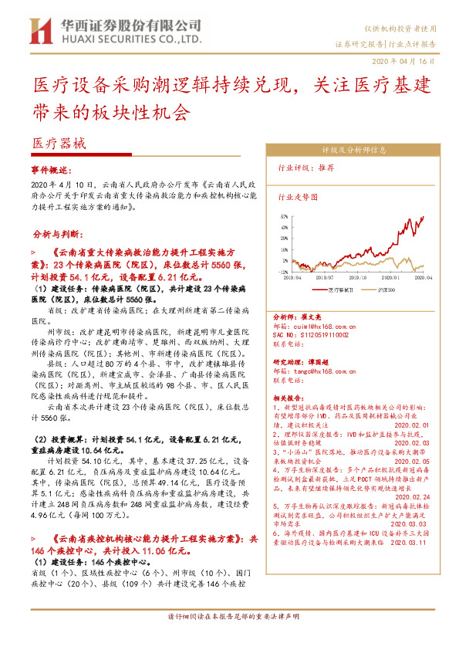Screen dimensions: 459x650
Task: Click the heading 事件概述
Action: click(x=51, y=168)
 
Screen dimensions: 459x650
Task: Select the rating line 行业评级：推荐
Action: click(x=306, y=167)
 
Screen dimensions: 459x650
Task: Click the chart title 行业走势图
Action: click(x=298, y=197)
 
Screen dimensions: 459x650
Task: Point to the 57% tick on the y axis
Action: click(x=284, y=217)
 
